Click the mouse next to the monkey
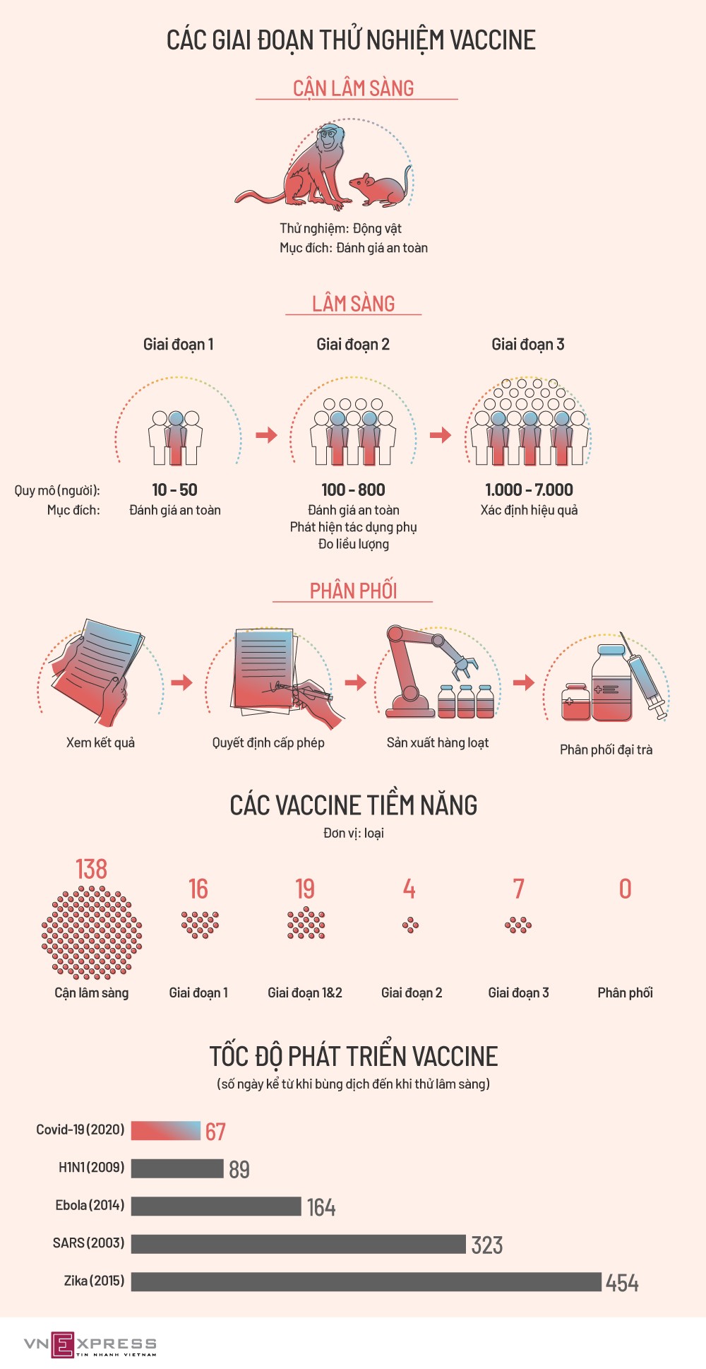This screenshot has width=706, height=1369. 380,189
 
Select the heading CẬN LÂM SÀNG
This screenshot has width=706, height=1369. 354,88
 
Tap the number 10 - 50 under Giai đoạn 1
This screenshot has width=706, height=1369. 174,490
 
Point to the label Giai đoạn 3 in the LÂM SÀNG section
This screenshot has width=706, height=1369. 527,344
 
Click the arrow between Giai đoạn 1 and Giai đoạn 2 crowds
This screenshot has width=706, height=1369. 266,434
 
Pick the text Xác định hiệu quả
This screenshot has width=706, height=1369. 529,510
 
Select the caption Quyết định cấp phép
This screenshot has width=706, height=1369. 268,742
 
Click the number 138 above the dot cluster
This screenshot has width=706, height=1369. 91,869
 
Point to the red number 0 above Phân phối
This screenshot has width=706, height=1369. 625,889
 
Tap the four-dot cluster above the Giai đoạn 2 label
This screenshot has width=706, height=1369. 410,925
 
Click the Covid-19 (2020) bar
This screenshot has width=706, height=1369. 166,1130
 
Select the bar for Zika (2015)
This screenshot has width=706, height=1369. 366,1281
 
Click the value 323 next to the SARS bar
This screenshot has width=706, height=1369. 487,1245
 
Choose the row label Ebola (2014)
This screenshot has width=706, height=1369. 90,1205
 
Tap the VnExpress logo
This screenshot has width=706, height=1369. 90,1344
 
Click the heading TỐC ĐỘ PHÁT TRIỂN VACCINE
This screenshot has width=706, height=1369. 354,1056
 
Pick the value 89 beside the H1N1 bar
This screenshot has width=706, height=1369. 239,1169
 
